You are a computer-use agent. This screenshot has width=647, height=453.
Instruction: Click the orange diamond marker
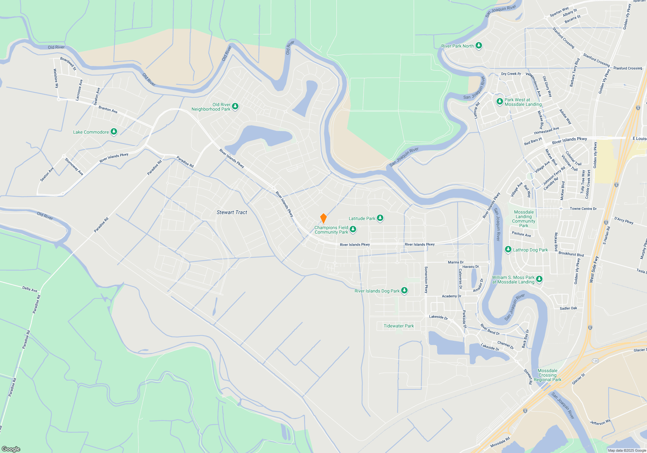click(323, 218)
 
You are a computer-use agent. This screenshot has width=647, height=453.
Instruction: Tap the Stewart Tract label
click(232, 212)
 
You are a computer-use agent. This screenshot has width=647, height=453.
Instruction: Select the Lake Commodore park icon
click(114, 132)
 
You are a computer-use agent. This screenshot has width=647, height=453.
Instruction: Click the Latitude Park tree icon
click(380, 218)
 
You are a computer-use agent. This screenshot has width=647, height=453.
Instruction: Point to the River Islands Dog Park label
click(377, 291)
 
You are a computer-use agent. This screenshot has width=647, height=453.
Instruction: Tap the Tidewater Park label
click(399, 326)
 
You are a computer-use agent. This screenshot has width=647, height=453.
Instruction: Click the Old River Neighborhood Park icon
click(235, 106)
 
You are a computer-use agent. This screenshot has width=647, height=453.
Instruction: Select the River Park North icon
click(479, 46)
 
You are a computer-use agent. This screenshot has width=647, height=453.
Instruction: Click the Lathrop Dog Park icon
click(508, 249)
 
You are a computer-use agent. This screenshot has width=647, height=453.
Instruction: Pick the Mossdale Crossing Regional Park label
click(547, 375)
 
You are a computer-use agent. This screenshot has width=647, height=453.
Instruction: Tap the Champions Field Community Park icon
click(353, 229)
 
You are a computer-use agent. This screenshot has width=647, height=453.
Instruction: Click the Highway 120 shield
click(595, 360)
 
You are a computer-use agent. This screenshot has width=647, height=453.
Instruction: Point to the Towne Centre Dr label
click(583, 209)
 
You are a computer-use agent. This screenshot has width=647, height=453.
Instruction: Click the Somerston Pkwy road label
click(426, 280)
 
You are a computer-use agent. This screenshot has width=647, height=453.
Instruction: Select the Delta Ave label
click(30, 289)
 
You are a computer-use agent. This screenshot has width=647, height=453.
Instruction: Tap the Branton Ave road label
click(108, 110)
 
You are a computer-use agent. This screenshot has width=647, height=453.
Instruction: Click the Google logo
click(11, 449)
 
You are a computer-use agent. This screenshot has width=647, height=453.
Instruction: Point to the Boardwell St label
click(68, 64)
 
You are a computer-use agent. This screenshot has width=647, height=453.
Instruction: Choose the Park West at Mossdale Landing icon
click(499, 102)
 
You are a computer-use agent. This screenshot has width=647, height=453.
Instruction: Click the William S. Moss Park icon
click(539, 279)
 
